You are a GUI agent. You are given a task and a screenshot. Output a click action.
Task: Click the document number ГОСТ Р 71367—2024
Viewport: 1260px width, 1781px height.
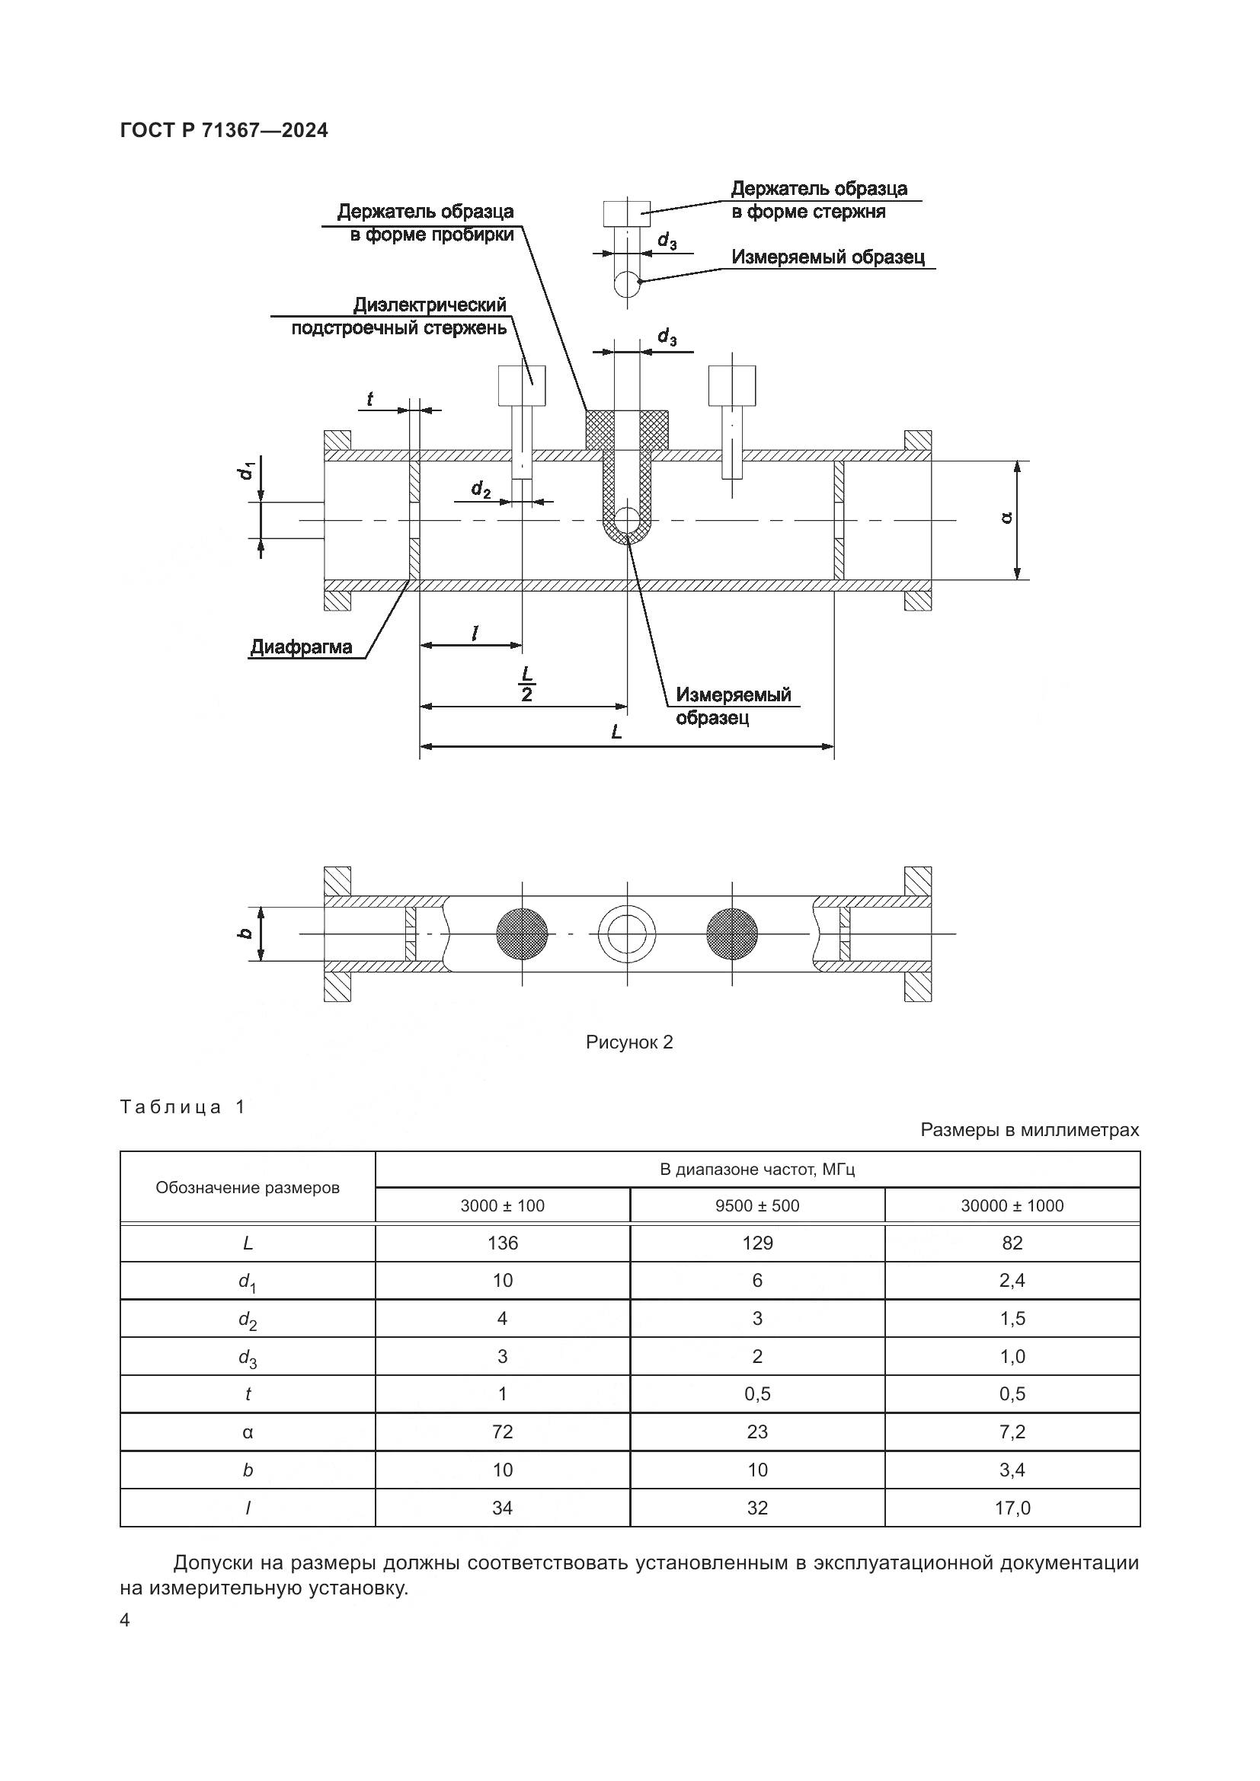pos(224,130)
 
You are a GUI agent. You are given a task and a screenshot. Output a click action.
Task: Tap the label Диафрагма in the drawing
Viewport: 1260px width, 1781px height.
pos(301,647)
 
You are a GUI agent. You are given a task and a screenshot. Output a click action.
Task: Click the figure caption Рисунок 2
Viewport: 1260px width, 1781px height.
pos(629,1042)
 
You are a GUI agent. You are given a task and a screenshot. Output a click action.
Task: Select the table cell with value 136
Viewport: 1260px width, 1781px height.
pos(503,1243)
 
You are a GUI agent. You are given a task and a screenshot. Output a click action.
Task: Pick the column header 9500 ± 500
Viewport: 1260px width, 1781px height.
pos(757,1205)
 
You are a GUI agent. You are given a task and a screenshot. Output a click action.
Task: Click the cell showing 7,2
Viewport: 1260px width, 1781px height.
pos(1012,1432)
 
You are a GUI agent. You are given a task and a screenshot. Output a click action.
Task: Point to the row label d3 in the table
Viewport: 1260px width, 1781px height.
pos(248,1357)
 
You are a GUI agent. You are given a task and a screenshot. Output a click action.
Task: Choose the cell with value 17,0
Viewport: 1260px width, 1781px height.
pos(1012,1507)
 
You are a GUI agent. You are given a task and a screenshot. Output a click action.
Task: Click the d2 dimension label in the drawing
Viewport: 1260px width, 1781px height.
pos(481,490)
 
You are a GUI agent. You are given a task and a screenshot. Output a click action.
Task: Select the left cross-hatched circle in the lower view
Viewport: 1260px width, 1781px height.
pos(522,934)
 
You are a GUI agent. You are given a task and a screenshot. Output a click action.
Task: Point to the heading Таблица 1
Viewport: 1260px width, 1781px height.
pos(183,1107)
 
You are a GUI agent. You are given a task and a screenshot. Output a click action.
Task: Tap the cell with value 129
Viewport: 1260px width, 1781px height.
pos(757,1243)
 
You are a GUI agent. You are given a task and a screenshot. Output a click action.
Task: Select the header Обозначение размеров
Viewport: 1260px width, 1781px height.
pos(248,1188)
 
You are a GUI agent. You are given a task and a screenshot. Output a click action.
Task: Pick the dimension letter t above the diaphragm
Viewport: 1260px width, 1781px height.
pos(370,400)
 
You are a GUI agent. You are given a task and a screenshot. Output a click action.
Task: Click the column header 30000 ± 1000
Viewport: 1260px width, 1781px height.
pos(1012,1205)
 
